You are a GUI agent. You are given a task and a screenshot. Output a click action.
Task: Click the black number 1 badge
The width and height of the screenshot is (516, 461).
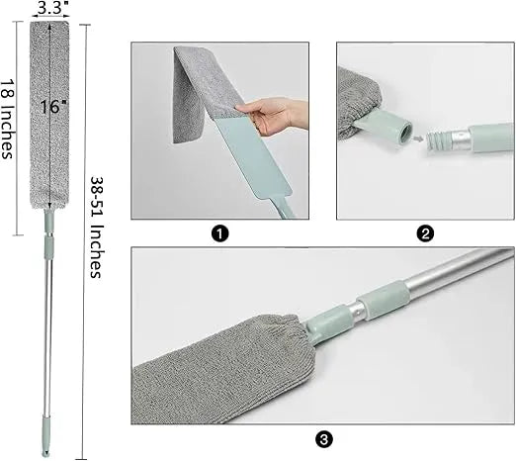click(219, 233)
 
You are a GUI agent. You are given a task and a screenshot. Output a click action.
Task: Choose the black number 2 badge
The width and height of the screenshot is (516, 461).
click(424, 233)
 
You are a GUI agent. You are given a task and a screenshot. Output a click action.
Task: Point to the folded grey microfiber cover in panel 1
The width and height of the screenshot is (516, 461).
click(198, 94)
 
